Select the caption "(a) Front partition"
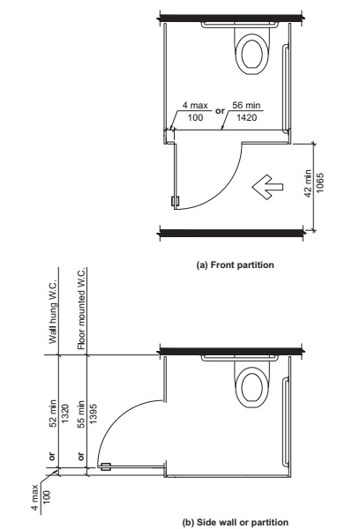(x=230, y=263)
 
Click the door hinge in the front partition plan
(x=176, y=200)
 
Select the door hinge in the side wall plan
(x=105, y=467)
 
